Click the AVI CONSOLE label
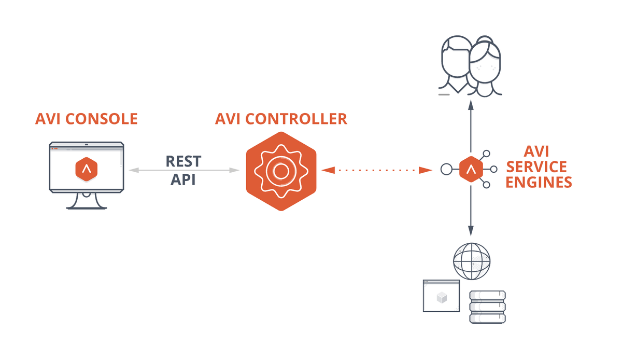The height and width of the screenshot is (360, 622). [x=86, y=119]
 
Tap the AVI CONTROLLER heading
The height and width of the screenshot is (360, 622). [x=281, y=119]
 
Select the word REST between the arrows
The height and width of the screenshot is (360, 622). [x=183, y=161]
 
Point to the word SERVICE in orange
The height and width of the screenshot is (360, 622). [x=537, y=167]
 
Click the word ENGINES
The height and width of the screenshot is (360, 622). [x=539, y=182]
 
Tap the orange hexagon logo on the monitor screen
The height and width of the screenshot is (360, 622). [x=86, y=168]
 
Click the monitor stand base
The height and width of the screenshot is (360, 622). [x=86, y=206]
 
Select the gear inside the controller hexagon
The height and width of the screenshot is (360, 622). [x=281, y=170]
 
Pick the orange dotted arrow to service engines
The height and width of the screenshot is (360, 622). [x=377, y=170]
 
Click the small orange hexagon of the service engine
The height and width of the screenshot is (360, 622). [x=471, y=169]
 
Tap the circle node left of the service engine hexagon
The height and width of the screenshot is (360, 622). [x=446, y=169]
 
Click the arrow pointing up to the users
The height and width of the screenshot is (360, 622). [x=471, y=124]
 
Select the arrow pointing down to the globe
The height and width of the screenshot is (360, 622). [x=471, y=213]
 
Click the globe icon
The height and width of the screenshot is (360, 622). [x=471, y=258]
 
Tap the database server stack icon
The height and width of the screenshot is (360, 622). [x=487, y=307]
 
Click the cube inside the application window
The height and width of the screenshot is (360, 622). [x=441, y=298]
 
